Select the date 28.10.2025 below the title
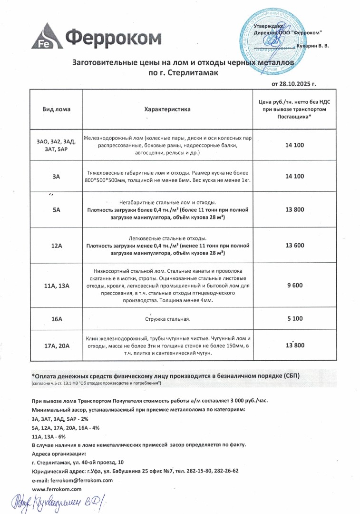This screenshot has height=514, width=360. pyautogui.click(x=299, y=84)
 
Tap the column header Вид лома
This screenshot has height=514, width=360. pyautogui.click(x=56, y=109)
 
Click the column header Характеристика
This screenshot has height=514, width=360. pyautogui.click(x=167, y=109)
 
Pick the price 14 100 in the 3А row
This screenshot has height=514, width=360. pyautogui.click(x=294, y=176)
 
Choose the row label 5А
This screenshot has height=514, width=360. pyautogui.click(x=56, y=210)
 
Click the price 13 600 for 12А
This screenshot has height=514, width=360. pyautogui.click(x=294, y=245)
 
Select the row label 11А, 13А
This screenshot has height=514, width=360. pyautogui.click(x=56, y=286)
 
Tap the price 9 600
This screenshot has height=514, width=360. pyautogui.click(x=294, y=286)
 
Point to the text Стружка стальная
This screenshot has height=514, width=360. pyautogui.click(x=167, y=319)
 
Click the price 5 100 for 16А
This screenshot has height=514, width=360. pyautogui.click(x=294, y=319)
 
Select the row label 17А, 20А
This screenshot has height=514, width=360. pyautogui.click(x=56, y=346)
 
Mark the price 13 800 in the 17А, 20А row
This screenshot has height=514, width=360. pyautogui.click(x=294, y=346)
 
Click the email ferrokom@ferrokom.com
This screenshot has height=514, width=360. pyautogui.click(x=84, y=480)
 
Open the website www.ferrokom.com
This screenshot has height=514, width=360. pyautogui.click(x=57, y=489)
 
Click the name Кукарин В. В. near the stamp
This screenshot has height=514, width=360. pyautogui.click(x=312, y=46)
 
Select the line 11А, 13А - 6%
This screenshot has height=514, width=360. pyautogui.click(x=49, y=436)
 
